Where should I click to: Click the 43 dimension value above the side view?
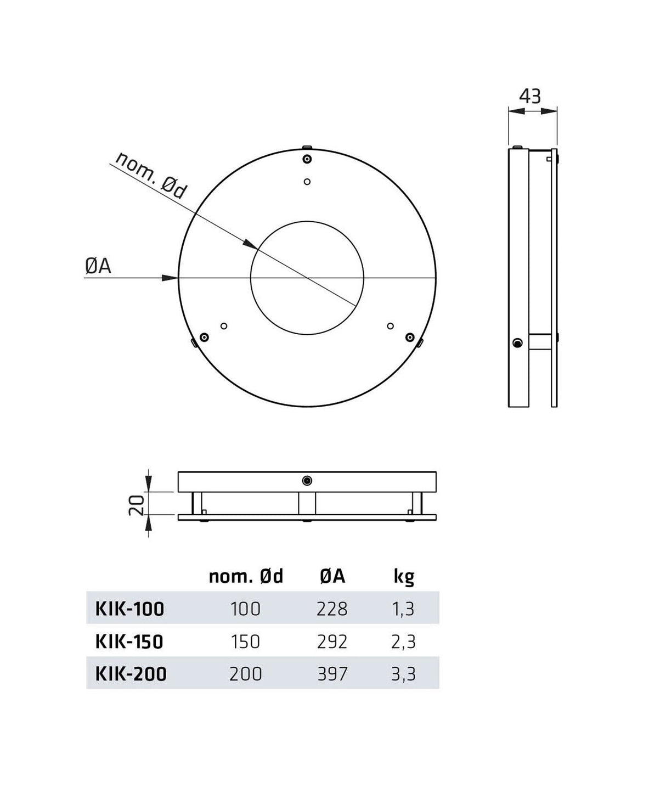[x=530, y=97]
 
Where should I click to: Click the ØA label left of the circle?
[x=98, y=266]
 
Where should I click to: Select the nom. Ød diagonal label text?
[x=151, y=176]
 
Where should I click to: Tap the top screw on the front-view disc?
[x=307, y=159]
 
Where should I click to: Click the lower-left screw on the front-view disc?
[x=204, y=337]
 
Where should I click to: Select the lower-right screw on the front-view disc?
[x=409, y=336]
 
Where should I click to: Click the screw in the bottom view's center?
[x=307, y=481]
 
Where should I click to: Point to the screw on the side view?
[x=517, y=344]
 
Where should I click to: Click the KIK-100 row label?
[x=130, y=609]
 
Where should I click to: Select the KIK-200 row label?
[x=131, y=673]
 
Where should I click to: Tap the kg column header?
[x=404, y=576]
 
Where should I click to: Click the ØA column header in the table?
[x=332, y=576]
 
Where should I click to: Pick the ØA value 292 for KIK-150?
[x=332, y=641]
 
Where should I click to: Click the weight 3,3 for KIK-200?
[x=404, y=673]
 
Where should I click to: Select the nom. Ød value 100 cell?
[x=245, y=609]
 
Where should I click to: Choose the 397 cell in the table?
[x=332, y=673]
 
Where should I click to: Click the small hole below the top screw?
[x=307, y=182]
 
